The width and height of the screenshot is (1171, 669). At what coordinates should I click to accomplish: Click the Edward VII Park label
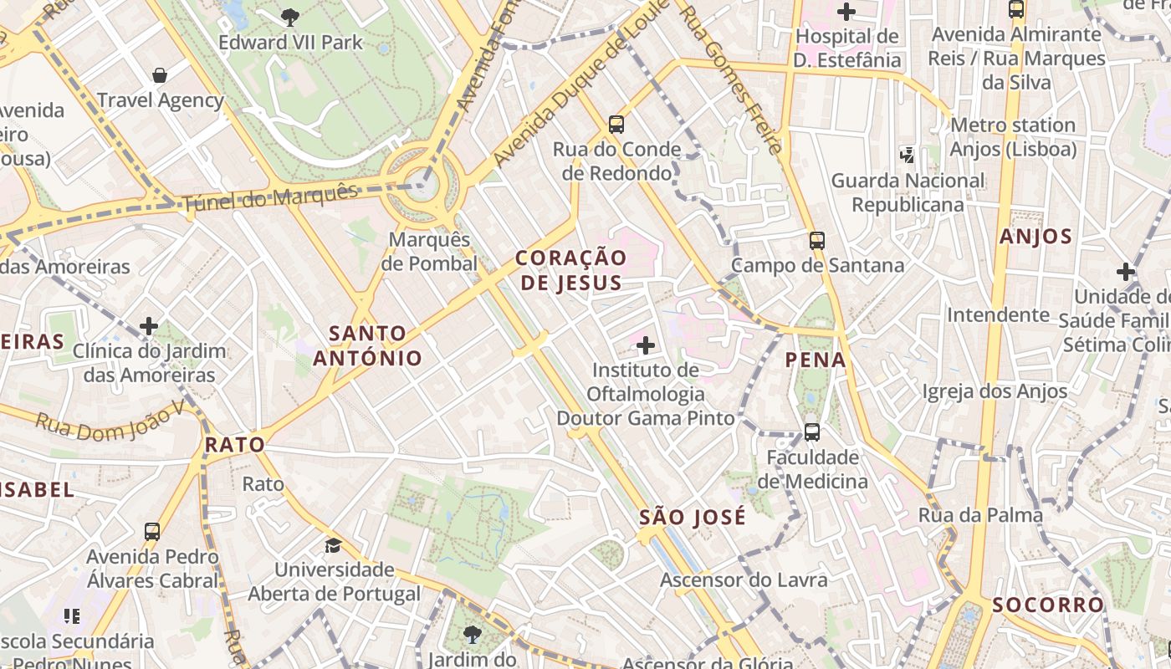click(x=290, y=42)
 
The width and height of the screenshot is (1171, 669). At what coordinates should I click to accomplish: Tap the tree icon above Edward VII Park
click(x=290, y=16)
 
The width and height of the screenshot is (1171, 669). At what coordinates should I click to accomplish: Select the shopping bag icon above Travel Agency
click(x=160, y=75)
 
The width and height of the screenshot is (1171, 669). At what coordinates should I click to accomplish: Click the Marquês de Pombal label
click(x=429, y=252)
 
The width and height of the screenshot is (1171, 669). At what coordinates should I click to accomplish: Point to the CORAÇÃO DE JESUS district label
click(x=571, y=270)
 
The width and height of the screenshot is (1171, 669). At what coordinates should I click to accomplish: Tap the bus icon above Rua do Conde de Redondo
click(x=616, y=125)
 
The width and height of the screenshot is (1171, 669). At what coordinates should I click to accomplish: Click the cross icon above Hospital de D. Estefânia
click(x=846, y=12)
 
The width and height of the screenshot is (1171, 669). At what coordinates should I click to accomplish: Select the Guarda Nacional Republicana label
click(x=908, y=192)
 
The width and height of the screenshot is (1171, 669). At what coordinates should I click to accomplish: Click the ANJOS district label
click(x=1035, y=237)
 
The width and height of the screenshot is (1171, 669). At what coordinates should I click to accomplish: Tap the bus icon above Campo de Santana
click(x=817, y=241)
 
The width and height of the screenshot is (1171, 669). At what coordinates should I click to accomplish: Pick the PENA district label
click(x=816, y=360)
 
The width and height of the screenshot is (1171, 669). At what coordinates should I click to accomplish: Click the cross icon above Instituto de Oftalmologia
click(x=646, y=345)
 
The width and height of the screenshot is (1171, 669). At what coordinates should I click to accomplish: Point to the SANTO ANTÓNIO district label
click(x=368, y=345)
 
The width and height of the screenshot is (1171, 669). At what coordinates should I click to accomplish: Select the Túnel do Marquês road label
click(x=269, y=197)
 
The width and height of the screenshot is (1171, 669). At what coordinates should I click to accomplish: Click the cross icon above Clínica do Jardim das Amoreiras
click(x=149, y=326)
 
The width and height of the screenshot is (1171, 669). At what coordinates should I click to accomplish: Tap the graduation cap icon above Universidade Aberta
click(x=334, y=545)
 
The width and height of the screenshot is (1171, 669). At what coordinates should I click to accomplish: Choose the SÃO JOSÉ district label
click(x=692, y=518)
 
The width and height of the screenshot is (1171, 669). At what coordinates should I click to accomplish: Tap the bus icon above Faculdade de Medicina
click(x=811, y=432)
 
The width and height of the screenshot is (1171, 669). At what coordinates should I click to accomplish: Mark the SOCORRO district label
click(x=1048, y=605)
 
